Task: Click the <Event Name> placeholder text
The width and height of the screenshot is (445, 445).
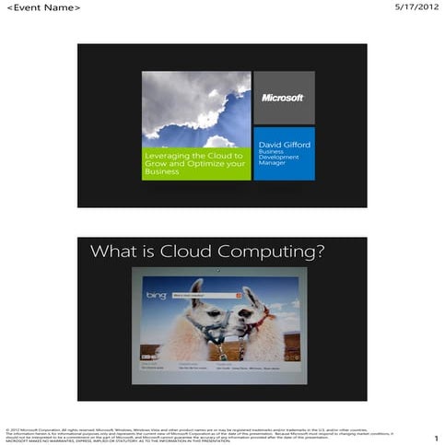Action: pos(43,8)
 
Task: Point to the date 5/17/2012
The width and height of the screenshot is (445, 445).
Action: pos(415,8)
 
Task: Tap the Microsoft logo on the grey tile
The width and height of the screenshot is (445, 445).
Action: pos(283,97)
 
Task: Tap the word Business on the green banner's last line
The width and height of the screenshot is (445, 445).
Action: pos(162,172)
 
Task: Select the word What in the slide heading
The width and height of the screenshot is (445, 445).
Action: pos(111,252)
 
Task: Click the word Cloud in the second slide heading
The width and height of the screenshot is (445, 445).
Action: pos(184,252)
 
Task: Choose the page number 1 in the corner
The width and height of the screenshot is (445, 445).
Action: pos(436,438)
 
